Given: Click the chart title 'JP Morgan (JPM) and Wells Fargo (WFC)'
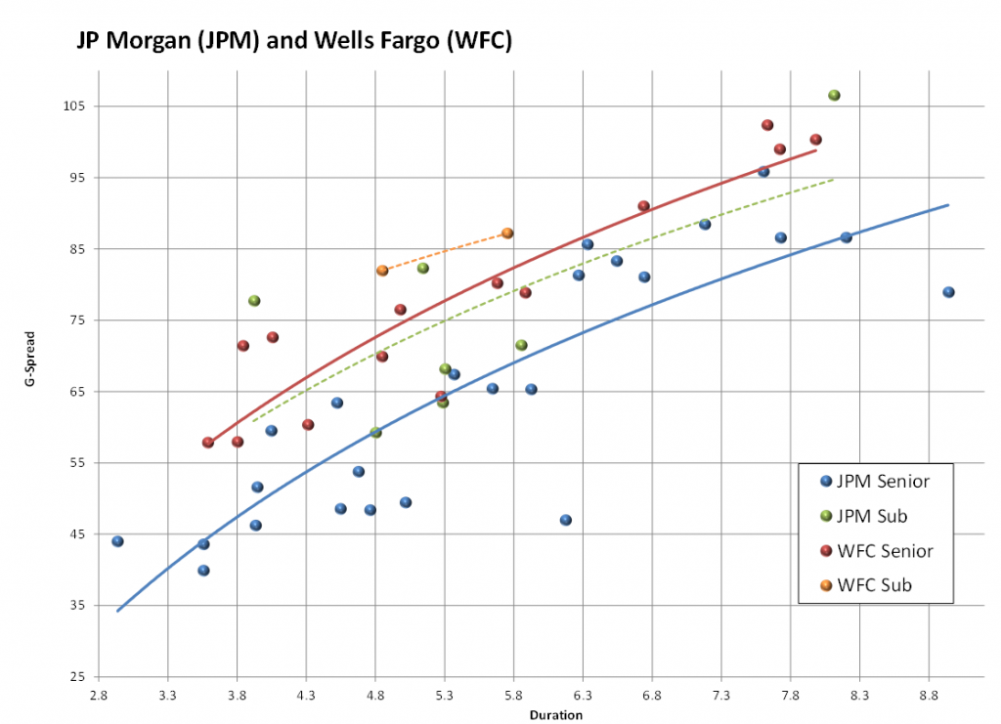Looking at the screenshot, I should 294,42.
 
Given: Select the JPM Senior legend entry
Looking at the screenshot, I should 875,481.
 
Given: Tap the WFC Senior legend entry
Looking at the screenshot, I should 876,551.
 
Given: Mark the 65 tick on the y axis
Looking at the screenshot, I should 75,391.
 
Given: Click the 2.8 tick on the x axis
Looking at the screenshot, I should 99,695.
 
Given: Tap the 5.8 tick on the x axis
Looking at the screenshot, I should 513,695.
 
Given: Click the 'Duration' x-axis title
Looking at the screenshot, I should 556,715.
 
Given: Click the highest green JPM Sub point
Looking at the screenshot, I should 834,95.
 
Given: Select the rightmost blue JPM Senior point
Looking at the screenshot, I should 948,292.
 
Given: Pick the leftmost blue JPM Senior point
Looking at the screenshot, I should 117,541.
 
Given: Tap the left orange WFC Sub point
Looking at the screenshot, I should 382,271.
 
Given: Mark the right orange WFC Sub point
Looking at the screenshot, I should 507,233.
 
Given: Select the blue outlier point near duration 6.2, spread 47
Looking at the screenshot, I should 565,520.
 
